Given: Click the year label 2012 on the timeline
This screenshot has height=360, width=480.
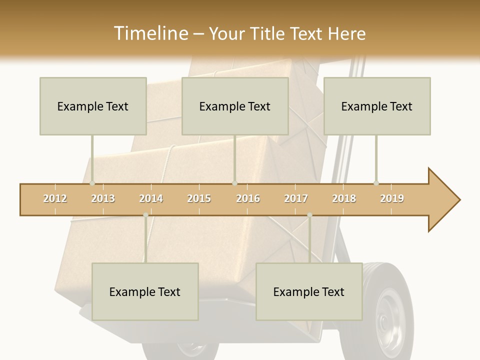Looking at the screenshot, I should pos(55,198).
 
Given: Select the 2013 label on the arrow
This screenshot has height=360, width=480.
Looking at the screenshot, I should pos(103,198).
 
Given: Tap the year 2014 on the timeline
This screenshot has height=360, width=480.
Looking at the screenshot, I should pos(151,198).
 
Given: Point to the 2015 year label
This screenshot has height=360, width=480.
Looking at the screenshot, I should pos(199,198).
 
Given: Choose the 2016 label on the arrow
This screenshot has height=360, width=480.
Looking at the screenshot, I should pos(248,198).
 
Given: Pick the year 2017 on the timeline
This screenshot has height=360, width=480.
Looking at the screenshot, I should pos(296,198).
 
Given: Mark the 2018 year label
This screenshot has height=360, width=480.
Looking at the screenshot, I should pos(344,198).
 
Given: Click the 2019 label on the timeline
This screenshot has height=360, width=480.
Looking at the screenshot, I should pos(392,198).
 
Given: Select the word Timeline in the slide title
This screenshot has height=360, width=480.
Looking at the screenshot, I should pos(149,33).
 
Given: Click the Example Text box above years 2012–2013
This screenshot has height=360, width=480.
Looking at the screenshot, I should pos(93,106).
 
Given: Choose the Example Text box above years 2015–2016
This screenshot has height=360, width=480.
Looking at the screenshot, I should pos(235,106).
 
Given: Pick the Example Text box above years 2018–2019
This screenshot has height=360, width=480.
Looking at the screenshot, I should pos(377,106).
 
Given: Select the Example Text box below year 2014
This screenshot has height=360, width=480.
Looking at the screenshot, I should pos(145,291).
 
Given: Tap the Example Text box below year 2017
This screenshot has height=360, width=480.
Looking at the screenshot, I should pos(309,291).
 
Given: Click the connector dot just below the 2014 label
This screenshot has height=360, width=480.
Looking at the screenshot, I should pos(145,215).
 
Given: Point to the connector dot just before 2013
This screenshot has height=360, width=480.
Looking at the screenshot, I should pos(92,183).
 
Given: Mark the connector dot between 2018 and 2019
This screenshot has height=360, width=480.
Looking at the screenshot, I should pos(376,183).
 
